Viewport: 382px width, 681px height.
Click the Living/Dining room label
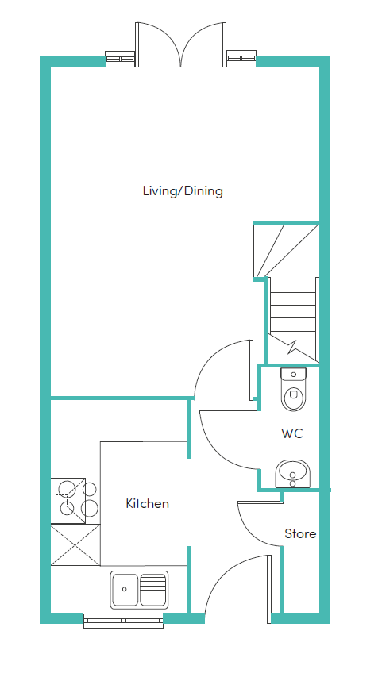tap(183, 191)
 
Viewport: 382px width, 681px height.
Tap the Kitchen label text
tap(148, 504)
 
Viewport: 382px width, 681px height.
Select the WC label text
tap(292, 434)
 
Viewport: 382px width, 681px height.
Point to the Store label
tap(300, 534)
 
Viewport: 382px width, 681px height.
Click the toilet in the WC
tap(293, 389)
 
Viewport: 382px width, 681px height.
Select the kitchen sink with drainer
tap(139, 589)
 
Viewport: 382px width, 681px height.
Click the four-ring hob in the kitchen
tap(75, 500)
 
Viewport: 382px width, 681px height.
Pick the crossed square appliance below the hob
tap(75, 544)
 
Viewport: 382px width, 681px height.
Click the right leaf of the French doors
tap(205, 44)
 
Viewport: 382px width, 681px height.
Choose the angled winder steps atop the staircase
tap(282, 248)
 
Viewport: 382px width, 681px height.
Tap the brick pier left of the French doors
tap(121, 58)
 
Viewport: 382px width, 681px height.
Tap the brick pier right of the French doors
tap(241, 58)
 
